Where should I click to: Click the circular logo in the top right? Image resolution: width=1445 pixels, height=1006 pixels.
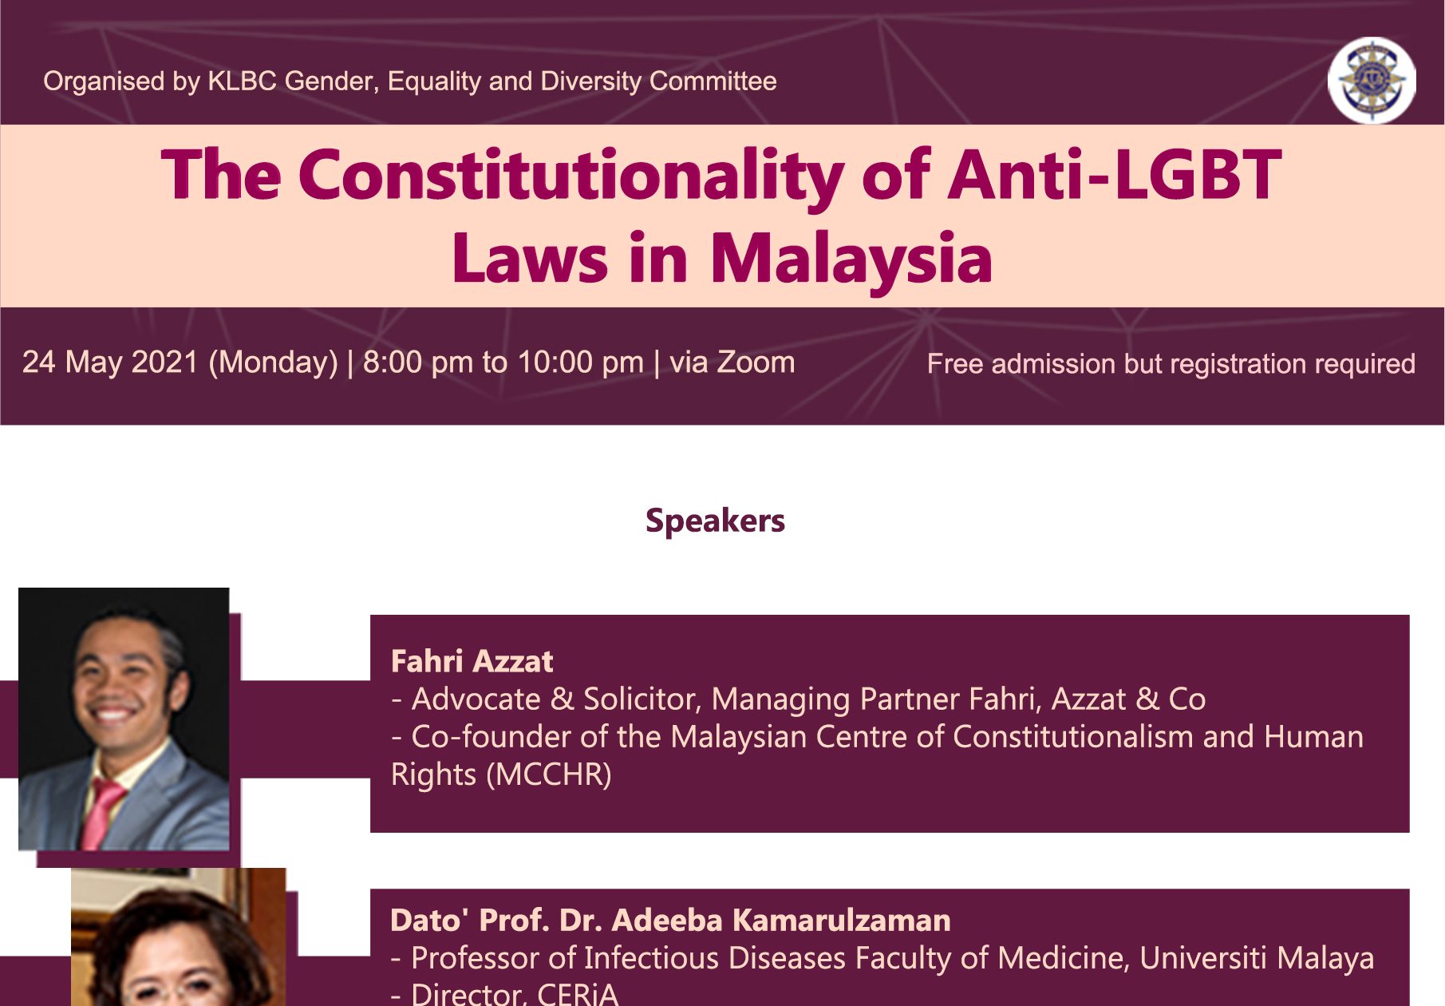pos(1372,80)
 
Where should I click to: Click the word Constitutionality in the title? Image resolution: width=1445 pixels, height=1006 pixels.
pos(570,176)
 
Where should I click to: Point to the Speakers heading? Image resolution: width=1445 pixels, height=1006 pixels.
pos(715,521)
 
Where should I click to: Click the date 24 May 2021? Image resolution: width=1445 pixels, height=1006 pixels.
pos(110,362)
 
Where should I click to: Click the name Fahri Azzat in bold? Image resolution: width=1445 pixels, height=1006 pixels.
pos(472,661)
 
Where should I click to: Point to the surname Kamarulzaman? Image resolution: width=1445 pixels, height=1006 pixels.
pos(841,921)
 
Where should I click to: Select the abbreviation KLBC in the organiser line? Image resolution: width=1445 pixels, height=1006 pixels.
pos(242,81)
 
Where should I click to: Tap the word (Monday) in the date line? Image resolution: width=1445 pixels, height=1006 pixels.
pos(273,363)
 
